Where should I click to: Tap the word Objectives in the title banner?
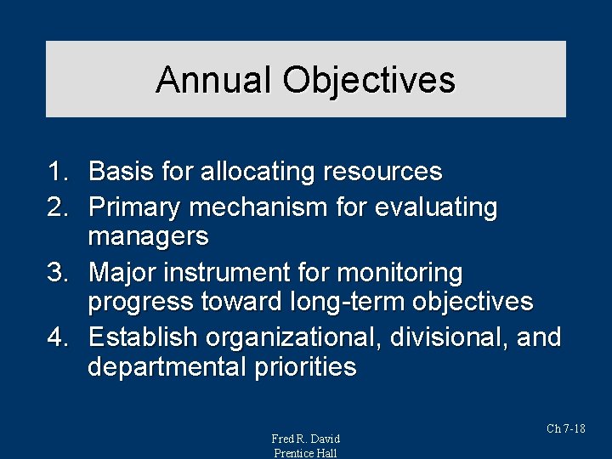coord(369,80)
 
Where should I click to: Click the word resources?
coord(382,173)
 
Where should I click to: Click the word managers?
coord(148,235)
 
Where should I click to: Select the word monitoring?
coord(399,274)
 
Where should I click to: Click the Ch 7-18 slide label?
coord(565,428)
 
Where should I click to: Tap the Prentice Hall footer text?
coord(305,453)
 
